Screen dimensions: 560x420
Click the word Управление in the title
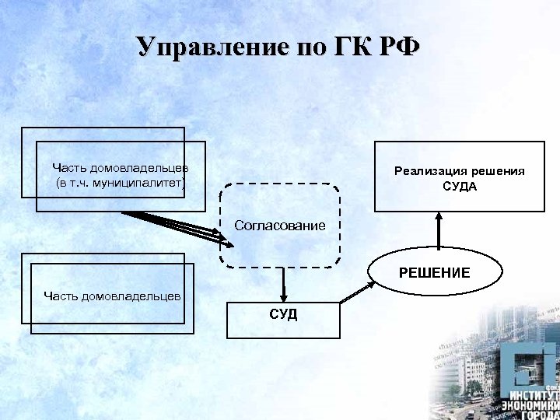(205, 47)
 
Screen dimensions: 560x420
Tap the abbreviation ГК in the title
(339, 47)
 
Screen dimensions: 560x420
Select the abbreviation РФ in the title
(399, 47)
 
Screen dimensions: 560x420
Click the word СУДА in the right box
(459, 187)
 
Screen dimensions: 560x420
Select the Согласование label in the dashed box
(280, 226)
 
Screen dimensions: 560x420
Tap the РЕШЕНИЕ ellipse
(435, 273)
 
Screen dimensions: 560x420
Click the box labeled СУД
(284, 318)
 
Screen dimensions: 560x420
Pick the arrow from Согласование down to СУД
(284, 285)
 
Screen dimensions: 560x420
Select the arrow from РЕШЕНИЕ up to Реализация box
(439, 231)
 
